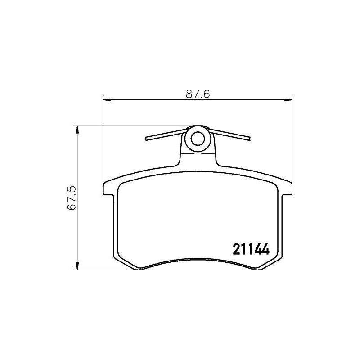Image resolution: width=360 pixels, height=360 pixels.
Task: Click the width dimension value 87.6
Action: coord(198,94)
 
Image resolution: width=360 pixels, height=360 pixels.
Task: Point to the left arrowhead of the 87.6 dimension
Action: coord(107,100)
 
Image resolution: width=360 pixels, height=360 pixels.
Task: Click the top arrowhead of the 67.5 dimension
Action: coord(77,129)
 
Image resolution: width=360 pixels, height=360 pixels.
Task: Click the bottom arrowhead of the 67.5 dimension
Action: coord(77,266)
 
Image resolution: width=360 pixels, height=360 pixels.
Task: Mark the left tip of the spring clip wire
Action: coord(146,139)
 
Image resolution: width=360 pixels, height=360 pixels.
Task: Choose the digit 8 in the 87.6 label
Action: coord(189,94)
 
